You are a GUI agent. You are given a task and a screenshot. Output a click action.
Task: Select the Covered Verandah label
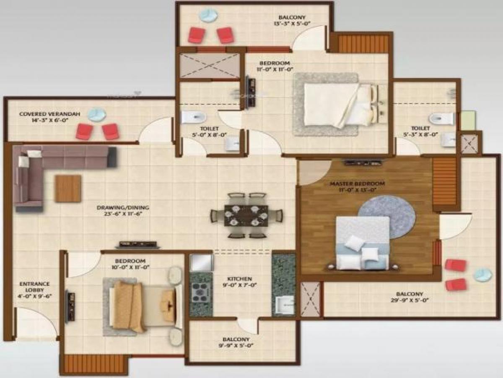44,114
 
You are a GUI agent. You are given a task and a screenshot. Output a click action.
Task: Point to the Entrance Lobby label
34,284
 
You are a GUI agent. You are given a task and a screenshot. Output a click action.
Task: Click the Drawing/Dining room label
123,207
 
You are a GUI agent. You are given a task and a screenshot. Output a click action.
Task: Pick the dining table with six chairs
246,215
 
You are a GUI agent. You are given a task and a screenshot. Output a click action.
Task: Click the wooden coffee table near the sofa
67,189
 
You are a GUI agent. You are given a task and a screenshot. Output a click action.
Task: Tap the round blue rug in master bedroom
386,211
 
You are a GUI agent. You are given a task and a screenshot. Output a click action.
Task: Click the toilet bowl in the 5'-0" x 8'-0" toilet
193,117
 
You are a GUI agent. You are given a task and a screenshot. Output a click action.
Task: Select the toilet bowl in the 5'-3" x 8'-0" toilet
441,118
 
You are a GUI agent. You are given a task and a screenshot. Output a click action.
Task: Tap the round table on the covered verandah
97,114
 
